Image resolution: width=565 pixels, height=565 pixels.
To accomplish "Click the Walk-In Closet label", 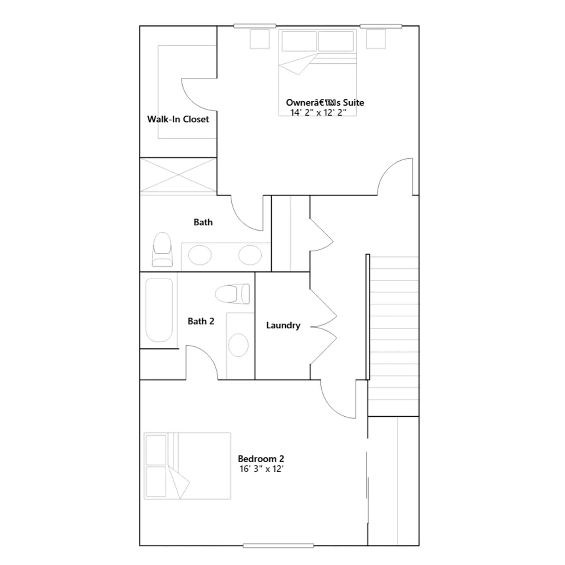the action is point(178,119).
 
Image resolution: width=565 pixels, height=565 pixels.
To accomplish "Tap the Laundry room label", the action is point(283,326).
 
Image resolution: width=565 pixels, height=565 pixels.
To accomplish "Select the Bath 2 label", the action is point(201,321).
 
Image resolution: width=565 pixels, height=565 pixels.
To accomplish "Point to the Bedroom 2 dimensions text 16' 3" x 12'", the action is point(262,469).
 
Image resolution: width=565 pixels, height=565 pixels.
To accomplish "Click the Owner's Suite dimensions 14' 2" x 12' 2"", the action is point(318,112).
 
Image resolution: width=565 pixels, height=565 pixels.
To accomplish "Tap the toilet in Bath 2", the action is point(232,294).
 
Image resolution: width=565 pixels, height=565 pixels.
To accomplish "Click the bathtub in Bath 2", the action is point(159,310).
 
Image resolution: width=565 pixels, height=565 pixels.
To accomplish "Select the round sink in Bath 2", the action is point(238,345).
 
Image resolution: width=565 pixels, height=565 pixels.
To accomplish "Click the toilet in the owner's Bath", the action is point(162,249).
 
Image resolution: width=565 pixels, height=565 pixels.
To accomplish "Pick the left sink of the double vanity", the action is point(200,255).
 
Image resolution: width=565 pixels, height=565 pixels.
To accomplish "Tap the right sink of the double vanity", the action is point(250,255).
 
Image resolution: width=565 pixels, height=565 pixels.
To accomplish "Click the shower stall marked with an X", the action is point(178,175).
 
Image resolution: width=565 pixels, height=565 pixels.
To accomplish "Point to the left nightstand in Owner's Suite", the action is point(260,39).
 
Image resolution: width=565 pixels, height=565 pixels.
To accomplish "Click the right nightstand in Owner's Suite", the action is point(376,39).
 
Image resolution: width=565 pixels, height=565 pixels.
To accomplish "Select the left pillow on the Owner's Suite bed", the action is point(299,41).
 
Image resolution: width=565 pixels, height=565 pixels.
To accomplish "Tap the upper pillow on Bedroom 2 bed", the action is point(156,450).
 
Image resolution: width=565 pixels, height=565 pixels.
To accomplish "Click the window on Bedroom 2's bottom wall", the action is point(278,546).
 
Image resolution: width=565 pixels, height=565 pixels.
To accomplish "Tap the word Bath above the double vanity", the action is point(203,222).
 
